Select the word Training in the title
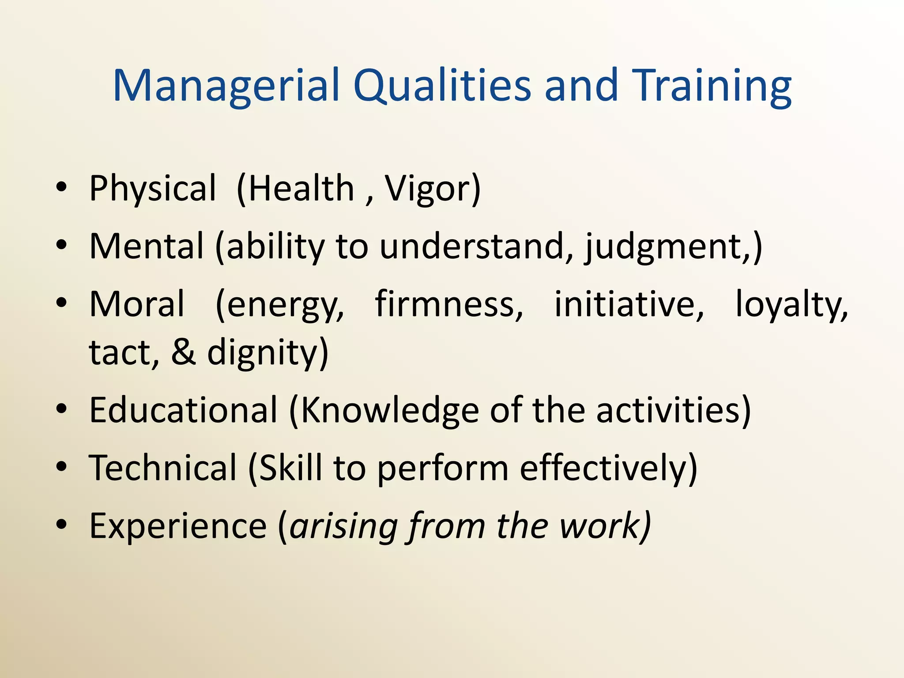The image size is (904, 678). click(x=712, y=86)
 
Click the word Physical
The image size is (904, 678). click(x=152, y=189)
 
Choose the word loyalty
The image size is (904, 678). click(x=791, y=305)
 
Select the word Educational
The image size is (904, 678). click(x=183, y=410)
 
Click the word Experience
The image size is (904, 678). click(x=178, y=526)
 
